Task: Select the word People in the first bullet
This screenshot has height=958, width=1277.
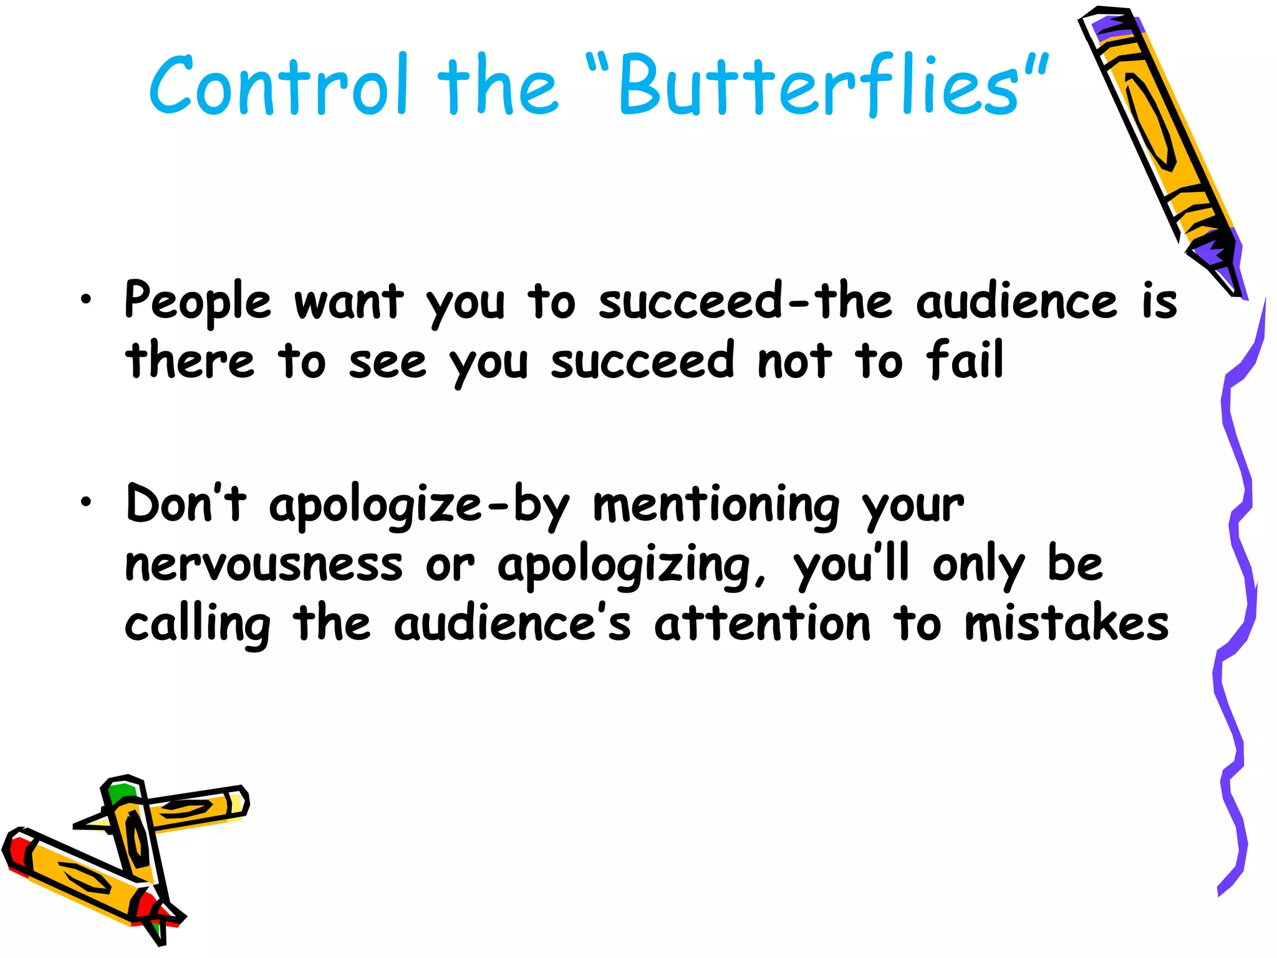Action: click(198, 301)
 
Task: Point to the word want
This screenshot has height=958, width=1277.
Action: click(349, 301)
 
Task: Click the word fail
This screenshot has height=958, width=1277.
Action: click(965, 360)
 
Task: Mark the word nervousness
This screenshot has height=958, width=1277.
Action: click(264, 564)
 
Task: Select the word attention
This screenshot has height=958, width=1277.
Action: click(762, 624)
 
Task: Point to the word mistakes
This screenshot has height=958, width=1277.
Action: click(1066, 624)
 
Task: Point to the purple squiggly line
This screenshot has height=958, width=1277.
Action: click(1238, 561)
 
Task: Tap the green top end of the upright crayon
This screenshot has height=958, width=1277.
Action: click(120, 792)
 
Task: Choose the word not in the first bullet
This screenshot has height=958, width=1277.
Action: click(794, 361)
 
